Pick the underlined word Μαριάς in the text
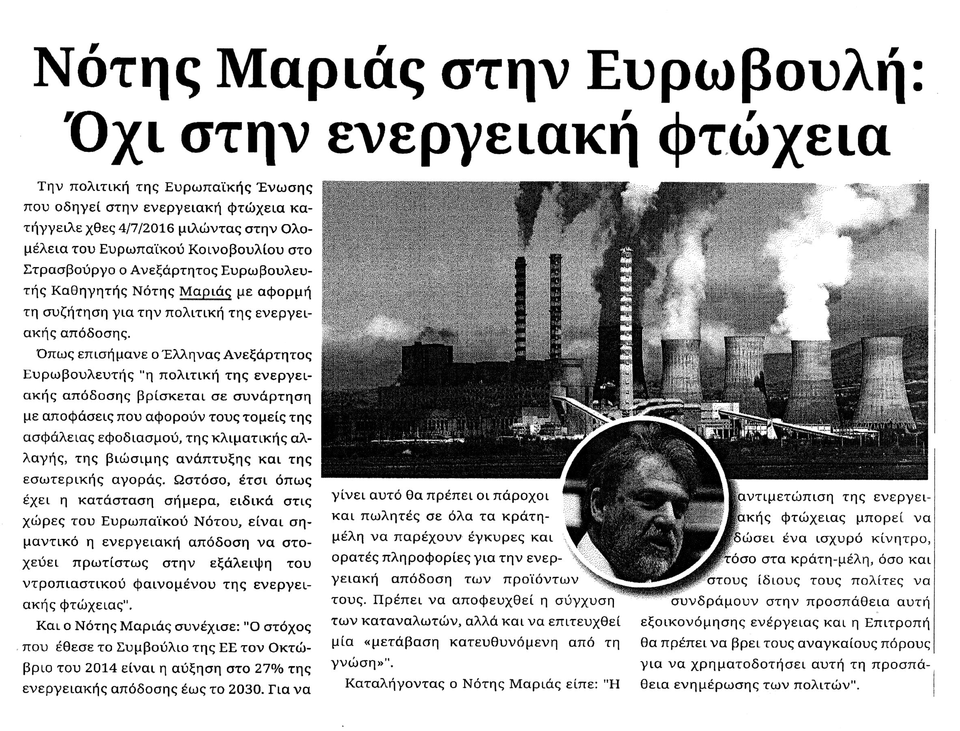click(x=205, y=291)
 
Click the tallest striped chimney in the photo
click(x=626, y=331)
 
